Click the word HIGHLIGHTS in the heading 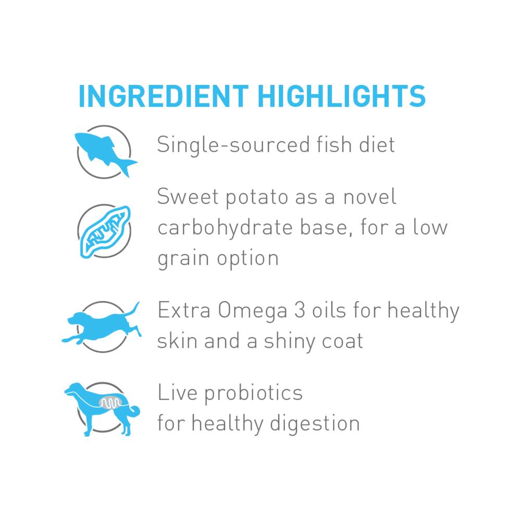342,96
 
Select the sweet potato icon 105,232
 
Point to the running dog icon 102,326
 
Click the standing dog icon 102,408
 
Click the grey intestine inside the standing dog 110,403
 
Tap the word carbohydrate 225,228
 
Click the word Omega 253,311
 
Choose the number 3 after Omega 300,310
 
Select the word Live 178,392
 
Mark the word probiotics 254,393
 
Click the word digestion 315,424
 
